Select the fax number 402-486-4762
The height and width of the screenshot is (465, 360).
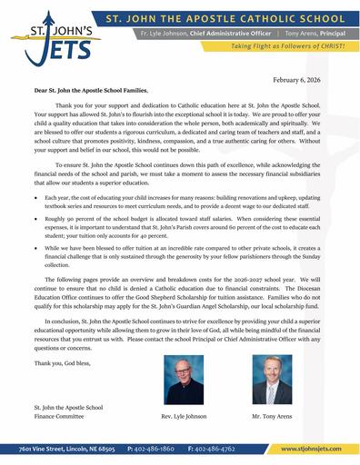[216, 449]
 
